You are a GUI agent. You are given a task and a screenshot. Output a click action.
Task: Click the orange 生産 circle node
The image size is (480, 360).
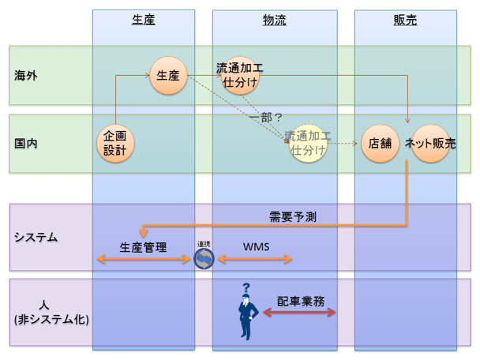pos(167,76)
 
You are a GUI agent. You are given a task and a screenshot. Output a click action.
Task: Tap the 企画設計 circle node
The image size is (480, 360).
pos(114,144)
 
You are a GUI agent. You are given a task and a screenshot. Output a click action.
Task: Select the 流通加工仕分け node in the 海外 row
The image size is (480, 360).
pos(241,76)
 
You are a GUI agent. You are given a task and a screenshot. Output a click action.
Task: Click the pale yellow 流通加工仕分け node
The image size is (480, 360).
pos(308,143)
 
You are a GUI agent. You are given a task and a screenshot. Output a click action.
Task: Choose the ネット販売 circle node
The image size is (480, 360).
pos(430,144)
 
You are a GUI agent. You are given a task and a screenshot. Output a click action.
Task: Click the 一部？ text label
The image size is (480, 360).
pos(265,117)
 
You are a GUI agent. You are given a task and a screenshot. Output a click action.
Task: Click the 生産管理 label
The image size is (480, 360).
pos(143,247)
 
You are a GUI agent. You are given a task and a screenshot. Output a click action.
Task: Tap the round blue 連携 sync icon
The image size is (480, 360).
pos(204,257)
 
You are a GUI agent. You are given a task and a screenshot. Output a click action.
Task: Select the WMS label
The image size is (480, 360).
pos(256,247)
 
